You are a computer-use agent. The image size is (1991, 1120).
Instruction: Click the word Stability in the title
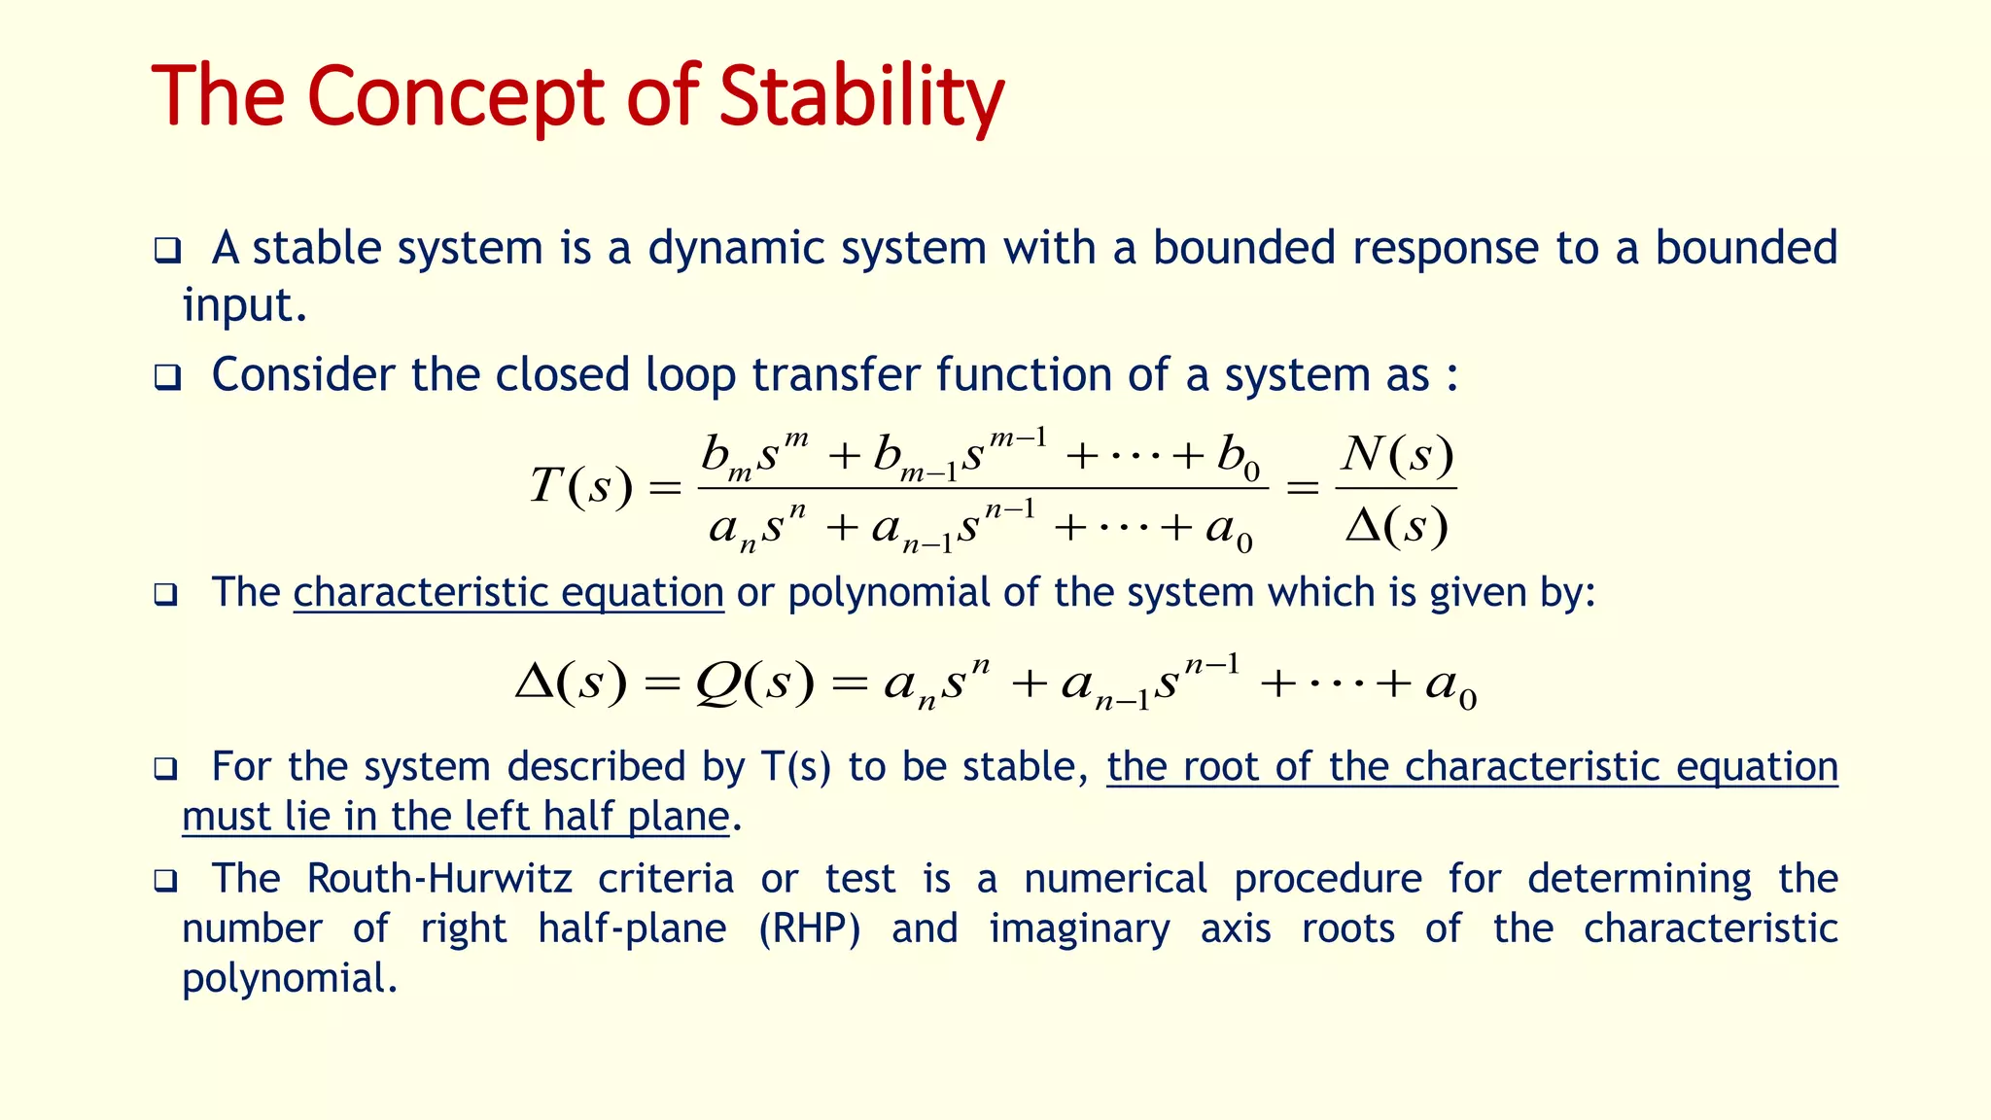(x=860, y=97)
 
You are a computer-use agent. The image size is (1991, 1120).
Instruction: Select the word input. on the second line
(x=244, y=305)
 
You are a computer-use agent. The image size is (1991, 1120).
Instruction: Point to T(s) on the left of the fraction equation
(x=580, y=486)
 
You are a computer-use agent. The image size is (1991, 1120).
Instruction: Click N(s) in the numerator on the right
(x=1396, y=454)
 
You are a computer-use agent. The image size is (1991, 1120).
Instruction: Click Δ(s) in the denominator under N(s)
(x=1396, y=526)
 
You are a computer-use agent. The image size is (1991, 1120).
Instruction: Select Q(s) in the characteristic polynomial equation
(x=753, y=682)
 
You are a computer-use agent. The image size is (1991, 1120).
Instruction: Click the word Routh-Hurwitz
(x=438, y=879)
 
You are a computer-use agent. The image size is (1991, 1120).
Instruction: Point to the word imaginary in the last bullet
(x=1079, y=928)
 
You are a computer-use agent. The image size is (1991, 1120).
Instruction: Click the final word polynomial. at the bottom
(x=290, y=978)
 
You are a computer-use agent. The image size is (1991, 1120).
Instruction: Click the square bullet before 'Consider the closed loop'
(x=167, y=377)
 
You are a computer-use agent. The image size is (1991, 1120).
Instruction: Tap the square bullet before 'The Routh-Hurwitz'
(x=167, y=882)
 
